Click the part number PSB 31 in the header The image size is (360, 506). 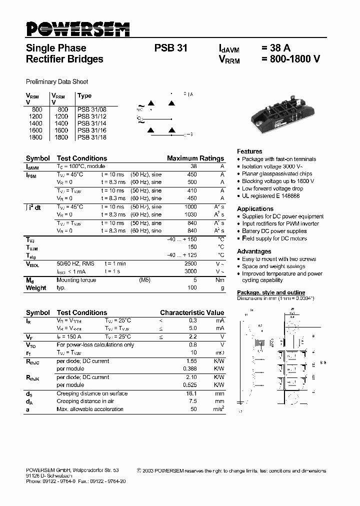tap(171, 48)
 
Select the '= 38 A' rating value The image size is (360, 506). tap(275, 48)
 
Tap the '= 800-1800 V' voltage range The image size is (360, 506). tap(290, 59)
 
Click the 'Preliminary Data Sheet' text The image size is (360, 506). tap(57, 81)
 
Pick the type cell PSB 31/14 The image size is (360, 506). tap(92, 123)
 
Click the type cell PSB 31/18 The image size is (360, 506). tap(92, 137)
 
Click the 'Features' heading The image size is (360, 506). tap(249, 151)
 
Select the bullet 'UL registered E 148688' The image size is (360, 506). tap(271, 196)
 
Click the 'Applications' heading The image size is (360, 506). tap(255, 208)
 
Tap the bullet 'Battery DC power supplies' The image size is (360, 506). tap(274, 231)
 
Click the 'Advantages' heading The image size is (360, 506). tap(254, 251)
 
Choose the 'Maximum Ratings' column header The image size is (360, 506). tap(195, 158)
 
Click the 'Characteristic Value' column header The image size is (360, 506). tap(192, 312)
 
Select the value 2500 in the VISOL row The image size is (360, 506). tap(190, 263)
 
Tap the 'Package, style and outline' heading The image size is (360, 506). tap(271, 292)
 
